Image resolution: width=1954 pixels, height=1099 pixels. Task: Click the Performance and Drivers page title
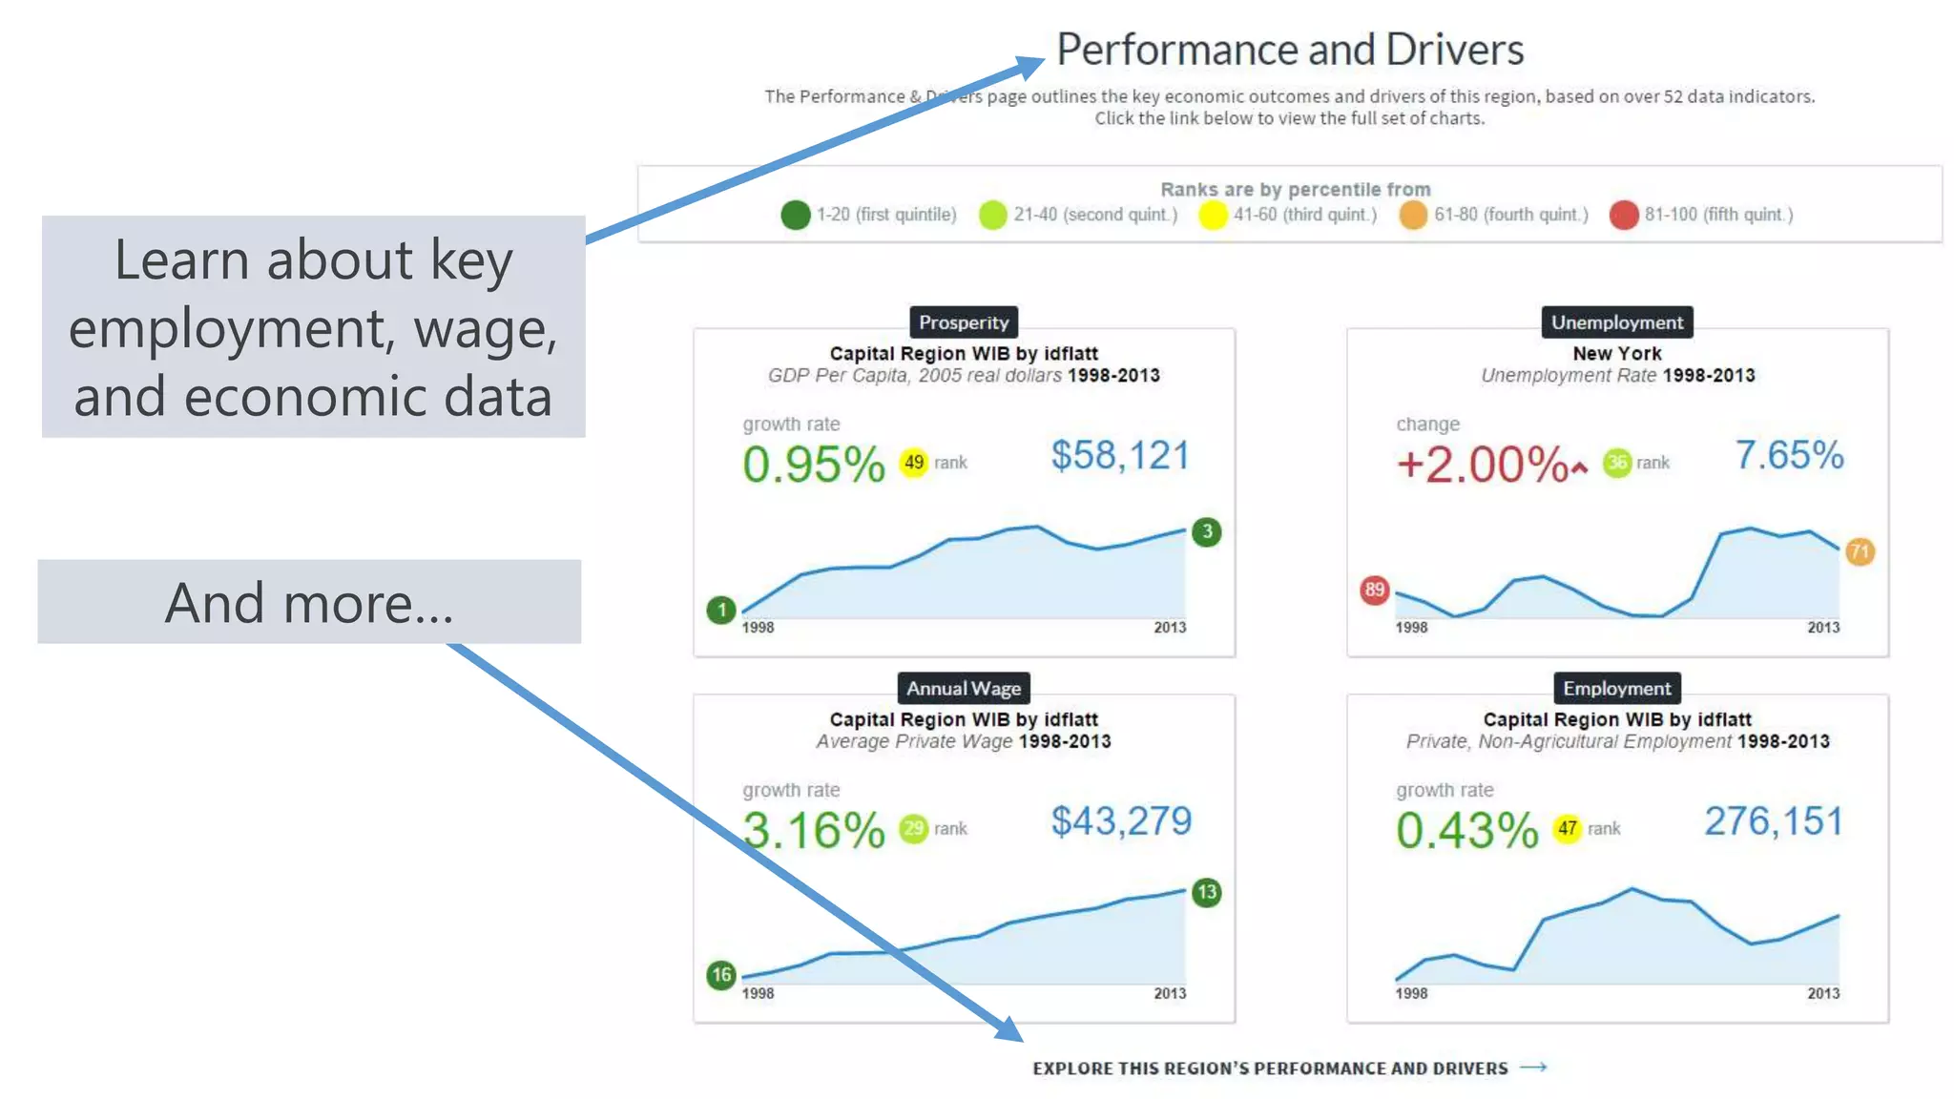pos(1289,50)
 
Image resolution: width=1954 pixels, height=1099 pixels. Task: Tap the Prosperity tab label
pos(963,322)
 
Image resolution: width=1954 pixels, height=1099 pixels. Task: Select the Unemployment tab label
pos(1616,322)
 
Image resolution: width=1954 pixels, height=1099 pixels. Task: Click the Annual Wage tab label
pos(963,688)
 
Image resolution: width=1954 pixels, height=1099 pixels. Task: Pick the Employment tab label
pos(1616,688)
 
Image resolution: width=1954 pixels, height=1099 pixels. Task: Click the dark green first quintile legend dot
pos(795,215)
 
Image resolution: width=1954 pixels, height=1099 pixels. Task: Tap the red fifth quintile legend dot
pos(1623,215)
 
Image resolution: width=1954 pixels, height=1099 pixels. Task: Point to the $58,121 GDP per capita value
pos(1120,456)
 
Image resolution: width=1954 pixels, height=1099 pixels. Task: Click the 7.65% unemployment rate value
pos(1788,456)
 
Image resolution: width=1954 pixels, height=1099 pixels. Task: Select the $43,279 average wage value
pos(1120,821)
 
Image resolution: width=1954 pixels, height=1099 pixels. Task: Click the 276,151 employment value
pos(1773,821)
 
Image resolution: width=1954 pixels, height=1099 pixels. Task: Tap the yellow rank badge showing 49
pos(913,463)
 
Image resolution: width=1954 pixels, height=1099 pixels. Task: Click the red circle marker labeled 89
pos(1374,590)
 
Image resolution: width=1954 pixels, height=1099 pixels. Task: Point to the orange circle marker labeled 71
pos(1860,551)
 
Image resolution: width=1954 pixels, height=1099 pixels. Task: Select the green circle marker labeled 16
pos(721,975)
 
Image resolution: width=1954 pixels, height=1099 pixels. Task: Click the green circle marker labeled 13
pos(1207,892)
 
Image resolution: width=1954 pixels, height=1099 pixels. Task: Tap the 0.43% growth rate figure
pos(1466,830)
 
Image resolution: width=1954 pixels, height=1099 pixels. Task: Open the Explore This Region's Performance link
pos(1288,1068)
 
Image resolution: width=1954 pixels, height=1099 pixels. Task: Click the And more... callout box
pos(309,602)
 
